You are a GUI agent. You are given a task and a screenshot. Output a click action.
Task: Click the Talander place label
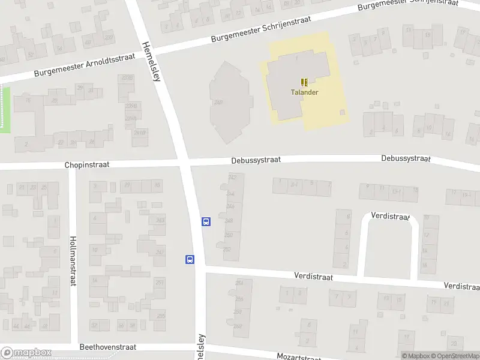pyautogui.click(x=305, y=92)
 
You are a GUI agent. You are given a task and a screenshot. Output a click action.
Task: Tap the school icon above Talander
pyautogui.click(x=305, y=82)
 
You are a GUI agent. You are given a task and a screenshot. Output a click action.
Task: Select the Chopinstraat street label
pyautogui.click(x=87, y=164)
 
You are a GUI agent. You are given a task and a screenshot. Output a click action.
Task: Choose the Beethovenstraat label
pyautogui.click(x=108, y=347)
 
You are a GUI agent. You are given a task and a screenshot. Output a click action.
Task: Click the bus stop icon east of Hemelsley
pyautogui.click(x=206, y=221)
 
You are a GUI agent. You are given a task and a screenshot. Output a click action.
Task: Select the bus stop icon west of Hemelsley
pyautogui.click(x=190, y=260)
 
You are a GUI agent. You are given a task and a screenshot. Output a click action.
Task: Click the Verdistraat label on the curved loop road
pyautogui.click(x=390, y=216)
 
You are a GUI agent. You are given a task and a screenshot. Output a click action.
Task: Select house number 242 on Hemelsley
pyautogui.click(x=232, y=178)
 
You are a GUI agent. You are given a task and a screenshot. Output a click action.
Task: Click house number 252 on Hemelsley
pyautogui.click(x=227, y=249)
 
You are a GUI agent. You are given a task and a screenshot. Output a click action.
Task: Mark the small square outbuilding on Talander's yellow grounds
pyautogui.click(x=343, y=112)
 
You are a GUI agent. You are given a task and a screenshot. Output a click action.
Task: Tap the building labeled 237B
pyautogui.click(x=127, y=78)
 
